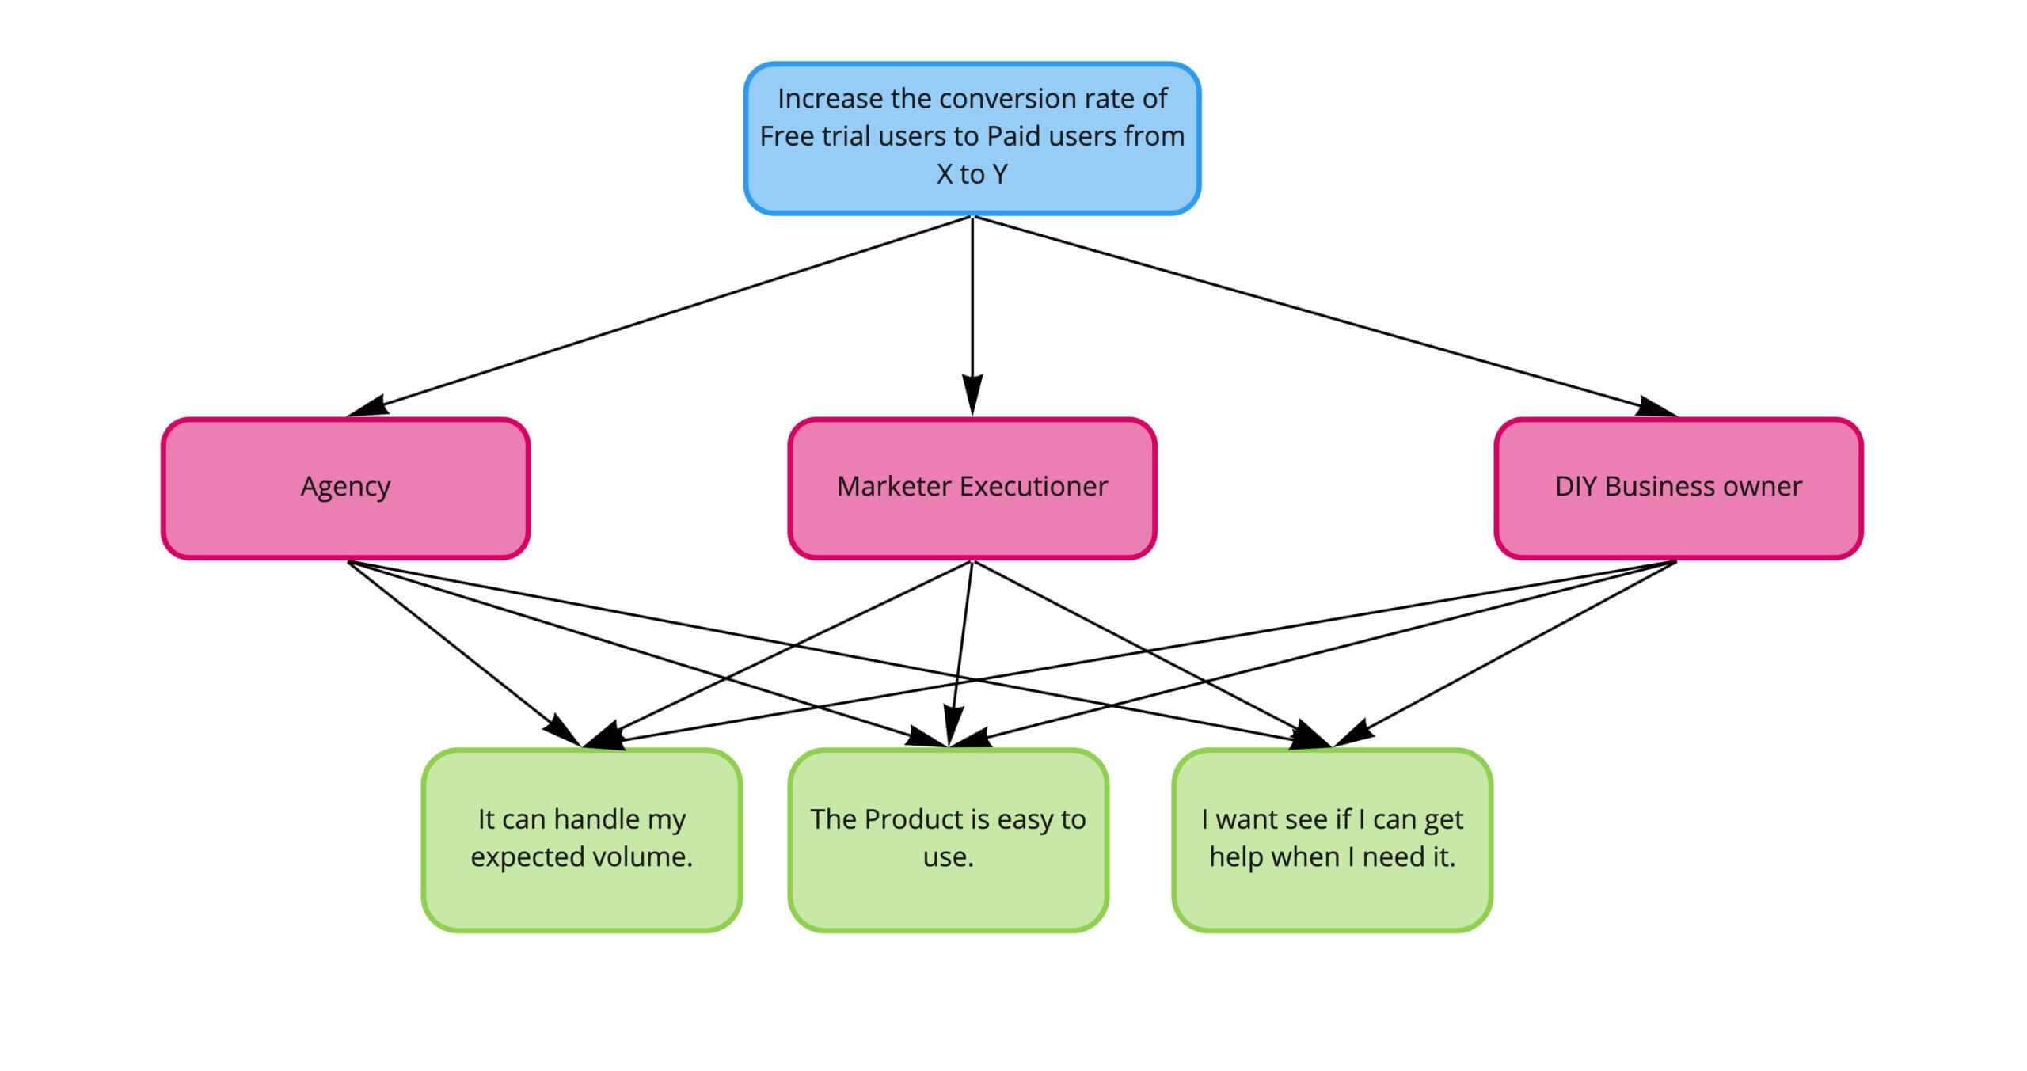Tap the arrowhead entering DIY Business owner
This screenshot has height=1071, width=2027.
click(x=1656, y=407)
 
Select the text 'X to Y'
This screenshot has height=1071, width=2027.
click(x=972, y=174)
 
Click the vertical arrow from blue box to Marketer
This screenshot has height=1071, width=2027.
click(x=972, y=301)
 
